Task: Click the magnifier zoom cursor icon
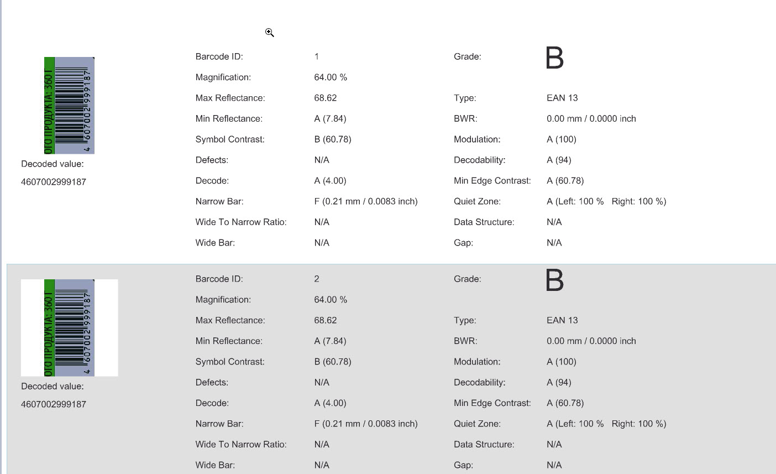click(269, 33)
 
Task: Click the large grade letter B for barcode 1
click(554, 58)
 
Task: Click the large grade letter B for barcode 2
click(554, 280)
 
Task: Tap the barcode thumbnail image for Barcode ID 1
click(69, 105)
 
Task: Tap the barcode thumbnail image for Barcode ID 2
click(69, 327)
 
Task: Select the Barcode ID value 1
click(317, 56)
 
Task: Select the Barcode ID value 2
click(317, 279)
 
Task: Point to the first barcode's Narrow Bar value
click(365, 201)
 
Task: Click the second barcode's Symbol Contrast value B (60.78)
click(333, 362)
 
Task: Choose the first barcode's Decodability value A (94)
click(559, 160)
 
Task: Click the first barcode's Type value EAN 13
click(562, 98)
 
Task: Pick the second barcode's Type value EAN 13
click(562, 320)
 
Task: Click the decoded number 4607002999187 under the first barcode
click(54, 182)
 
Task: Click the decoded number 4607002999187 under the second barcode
click(54, 404)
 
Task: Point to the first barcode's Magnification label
click(223, 77)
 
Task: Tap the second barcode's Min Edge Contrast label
click(492, 403)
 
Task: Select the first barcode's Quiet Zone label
click(477, 201)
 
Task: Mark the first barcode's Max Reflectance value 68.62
click(326, 98)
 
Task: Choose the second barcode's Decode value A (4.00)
click(330, 403)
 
